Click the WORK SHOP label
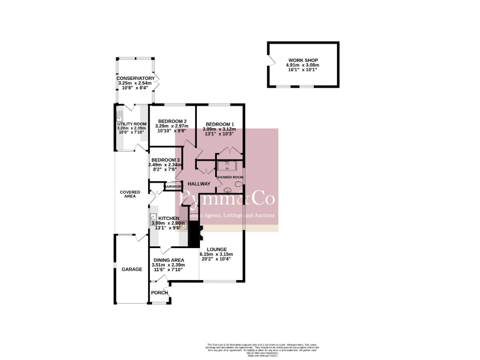tap(302, 60)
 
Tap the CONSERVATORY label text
tap(136, 78)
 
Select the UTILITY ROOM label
tap(132, 124)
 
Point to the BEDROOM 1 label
tap(220, 124)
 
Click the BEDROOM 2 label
tap(172, 121)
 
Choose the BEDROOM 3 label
tap(166, 160)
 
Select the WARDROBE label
tap(172, 186)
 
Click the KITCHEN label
tap(167, 218)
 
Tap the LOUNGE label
tap(216, 249)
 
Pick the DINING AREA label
tap(168, 260)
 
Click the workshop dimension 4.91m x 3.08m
tap(302, 65)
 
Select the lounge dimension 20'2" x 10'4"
tap(216, 259)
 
